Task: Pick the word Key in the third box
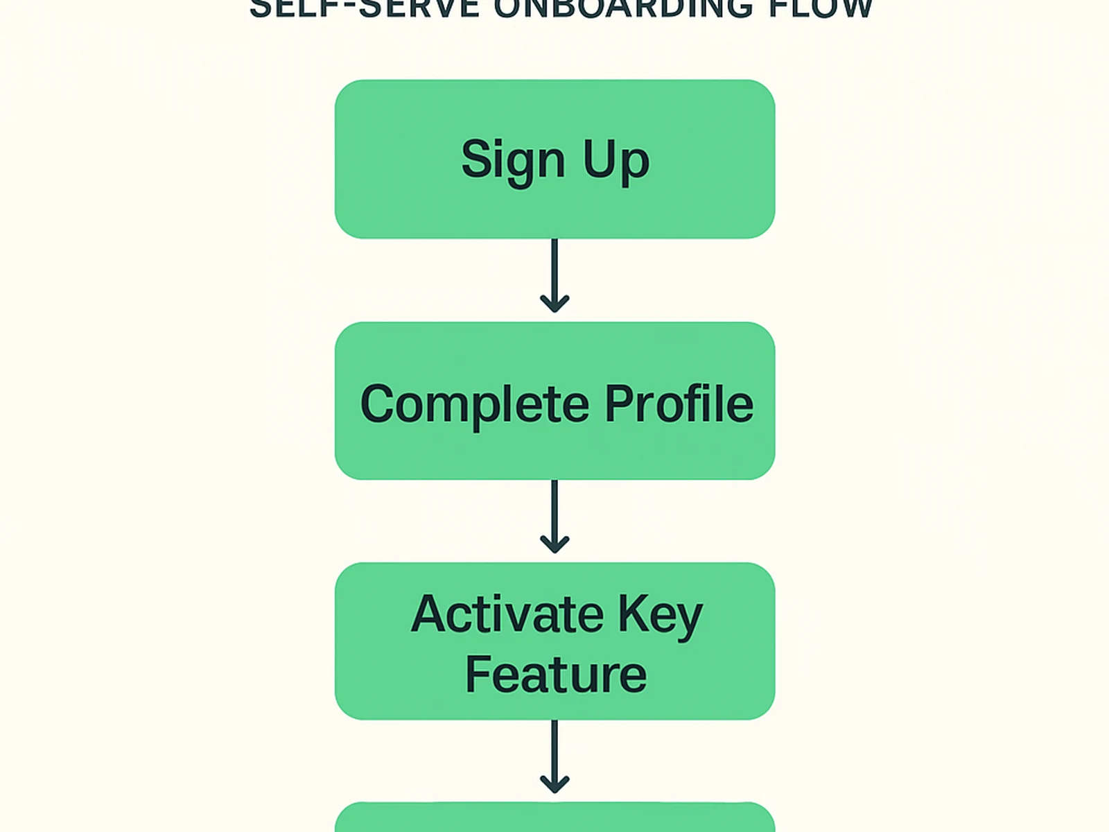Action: click(x=660, y=615)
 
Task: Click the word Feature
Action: click(x=555, y=675)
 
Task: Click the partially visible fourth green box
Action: click(x=554, y=820)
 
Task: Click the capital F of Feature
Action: click(x=478, y=674)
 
